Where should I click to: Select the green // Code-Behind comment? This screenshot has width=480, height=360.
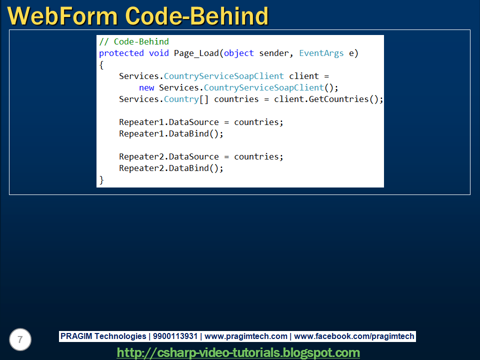coord(134,41)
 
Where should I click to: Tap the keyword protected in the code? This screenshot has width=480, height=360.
coord(121,53)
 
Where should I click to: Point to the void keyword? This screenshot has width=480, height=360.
coord(158,53)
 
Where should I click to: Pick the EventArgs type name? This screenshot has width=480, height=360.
coord(321,53)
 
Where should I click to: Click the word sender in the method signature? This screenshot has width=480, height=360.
coord(273,53)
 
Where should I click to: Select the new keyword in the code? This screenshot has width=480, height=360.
coord(146,87)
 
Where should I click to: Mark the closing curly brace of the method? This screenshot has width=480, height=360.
coord(101,179)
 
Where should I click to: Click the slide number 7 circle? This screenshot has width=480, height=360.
coord(20,340)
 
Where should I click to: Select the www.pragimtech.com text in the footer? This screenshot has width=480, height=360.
coord(246,336)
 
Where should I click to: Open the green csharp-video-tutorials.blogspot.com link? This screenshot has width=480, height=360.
coord(238,352)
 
